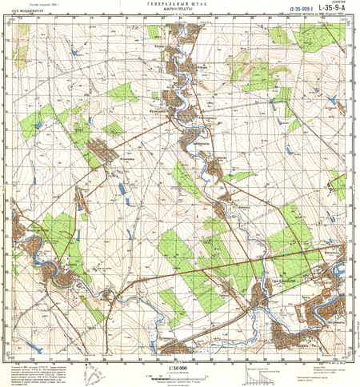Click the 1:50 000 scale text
point(179,369)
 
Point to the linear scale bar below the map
point(179,375)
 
